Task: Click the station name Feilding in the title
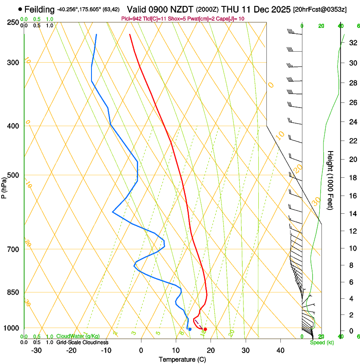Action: (39, 9)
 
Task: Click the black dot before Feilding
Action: (20, 9)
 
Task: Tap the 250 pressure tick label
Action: (13, 22)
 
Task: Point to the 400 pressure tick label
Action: (13, 126)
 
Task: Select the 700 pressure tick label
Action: (13, 249)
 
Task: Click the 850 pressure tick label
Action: (13, 292)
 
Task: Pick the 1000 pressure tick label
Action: (11, 328)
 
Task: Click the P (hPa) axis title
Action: (4, 186)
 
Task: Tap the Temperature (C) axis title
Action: (182, 359)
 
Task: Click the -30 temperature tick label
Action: (36, 350)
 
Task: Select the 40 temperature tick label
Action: (280, 350)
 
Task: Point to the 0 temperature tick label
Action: (141, 350)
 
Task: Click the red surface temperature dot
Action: (205, 329)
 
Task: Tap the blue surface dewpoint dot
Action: (190, 329)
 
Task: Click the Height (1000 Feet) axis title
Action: (330, 180)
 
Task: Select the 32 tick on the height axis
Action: (352, 43)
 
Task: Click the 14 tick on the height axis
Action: (352, 213)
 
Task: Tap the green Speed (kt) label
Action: (321, 342)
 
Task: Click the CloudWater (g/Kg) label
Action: (72, 336)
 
